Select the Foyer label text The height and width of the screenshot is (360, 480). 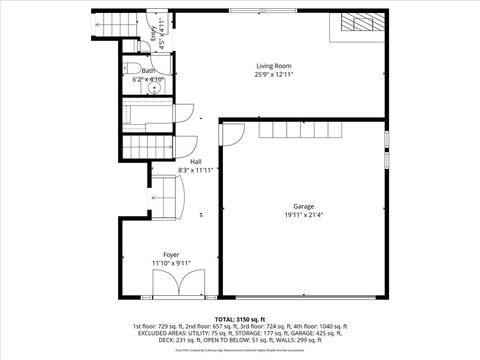point(171,255)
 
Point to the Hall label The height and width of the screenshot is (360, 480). point(196,161)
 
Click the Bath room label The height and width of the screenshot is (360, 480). point(148,71)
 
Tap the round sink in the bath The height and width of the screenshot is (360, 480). point(154,87)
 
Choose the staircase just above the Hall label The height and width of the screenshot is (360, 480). point(149,148)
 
